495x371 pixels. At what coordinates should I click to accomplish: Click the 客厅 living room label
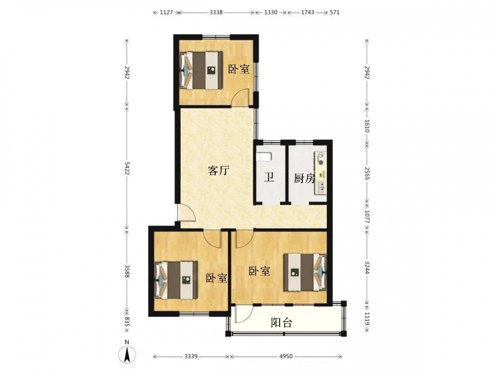218,171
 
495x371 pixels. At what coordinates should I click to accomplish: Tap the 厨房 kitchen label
304,179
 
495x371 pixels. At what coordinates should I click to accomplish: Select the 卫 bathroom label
269,178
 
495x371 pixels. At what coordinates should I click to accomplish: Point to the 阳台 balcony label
282,323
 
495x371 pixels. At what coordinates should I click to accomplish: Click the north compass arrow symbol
127,354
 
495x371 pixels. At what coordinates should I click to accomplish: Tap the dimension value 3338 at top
216,13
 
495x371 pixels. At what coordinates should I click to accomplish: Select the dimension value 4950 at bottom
286,357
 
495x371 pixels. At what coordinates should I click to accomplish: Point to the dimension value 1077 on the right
367,217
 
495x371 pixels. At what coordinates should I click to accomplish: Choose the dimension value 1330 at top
271,13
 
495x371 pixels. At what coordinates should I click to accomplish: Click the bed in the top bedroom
201,70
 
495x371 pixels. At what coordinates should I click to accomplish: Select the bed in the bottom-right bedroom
305,272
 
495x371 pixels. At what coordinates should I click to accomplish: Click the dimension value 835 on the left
127,322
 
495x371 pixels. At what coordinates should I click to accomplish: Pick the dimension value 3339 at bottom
191,357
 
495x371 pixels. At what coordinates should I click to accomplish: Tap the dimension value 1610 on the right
367,126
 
